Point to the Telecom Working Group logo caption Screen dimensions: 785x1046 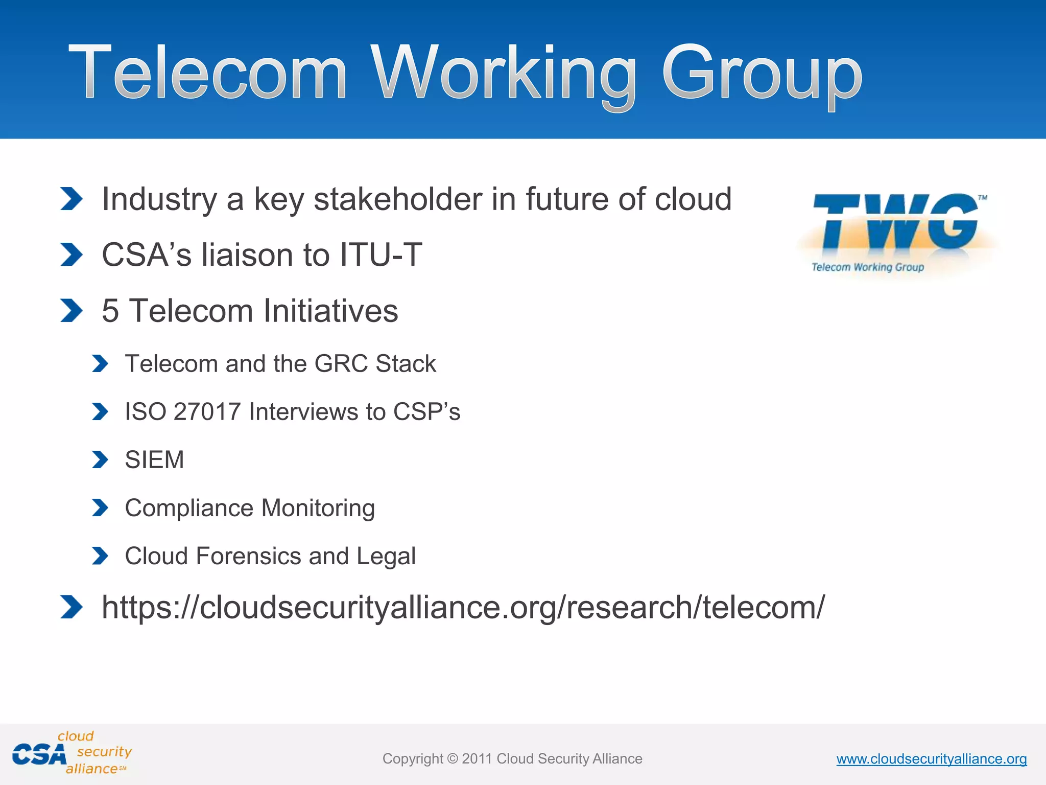click(x=868, y=267)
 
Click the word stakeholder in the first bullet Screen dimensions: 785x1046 click(x=397, y=199)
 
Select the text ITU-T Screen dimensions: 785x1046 click(x=381, y=255)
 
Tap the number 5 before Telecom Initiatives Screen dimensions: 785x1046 click(x=110, y=311)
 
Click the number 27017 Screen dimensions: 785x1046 click(x=207, y=412)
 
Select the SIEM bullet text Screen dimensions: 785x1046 click(x=154, y=459)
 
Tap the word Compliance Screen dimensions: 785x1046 click(x=189, y=508)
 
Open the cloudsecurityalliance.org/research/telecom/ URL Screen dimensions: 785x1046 click(x=463, y=607)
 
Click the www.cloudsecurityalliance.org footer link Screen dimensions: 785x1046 click(x=931, y=759)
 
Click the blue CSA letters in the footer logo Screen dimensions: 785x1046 click(x=39, y=755)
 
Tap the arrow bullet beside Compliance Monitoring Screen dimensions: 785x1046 click(x=100, y=508)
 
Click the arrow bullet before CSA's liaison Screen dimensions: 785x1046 click(x=71, y=255)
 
